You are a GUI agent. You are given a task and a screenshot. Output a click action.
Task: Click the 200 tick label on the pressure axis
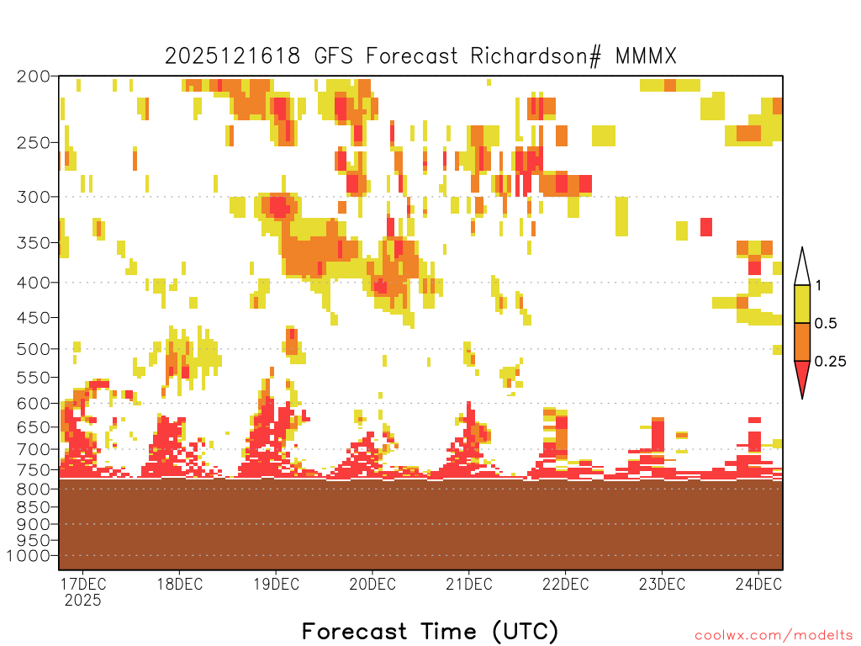tap(33, 77)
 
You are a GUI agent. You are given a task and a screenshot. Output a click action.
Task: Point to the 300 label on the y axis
tap(33, 197)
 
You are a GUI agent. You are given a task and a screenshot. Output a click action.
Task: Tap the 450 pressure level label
tap(33, 318)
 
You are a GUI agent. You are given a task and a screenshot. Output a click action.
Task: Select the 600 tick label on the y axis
tap(33, 403)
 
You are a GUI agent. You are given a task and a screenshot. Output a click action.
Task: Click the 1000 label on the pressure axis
tap(29, 556)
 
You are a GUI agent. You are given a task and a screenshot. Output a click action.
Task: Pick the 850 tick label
tap(33, 507)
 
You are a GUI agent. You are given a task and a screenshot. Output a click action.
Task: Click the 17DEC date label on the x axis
tap(83, 584)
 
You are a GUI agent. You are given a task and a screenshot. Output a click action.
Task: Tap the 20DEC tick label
tap(372, 584)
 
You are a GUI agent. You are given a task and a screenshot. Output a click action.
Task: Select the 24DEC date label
tap(758, 584)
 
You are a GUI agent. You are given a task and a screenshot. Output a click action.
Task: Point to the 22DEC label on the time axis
tap(566, 584)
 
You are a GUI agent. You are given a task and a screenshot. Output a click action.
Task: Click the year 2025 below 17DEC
tap(83, 600)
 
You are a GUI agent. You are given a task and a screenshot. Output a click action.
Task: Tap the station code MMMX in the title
tap(646, 56)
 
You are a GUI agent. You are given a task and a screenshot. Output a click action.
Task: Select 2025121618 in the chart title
tap(233, 56)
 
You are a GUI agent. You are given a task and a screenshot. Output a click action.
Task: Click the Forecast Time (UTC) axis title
tap(430, 631)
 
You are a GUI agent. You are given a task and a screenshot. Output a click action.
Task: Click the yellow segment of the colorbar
tap(802, 304)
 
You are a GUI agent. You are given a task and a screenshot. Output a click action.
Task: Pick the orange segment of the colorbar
tap(802, 342)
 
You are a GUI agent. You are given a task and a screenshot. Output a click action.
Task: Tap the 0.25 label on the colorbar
tap(830, 361)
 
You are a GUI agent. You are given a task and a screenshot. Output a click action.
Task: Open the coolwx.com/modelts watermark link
tap(774, 636)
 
